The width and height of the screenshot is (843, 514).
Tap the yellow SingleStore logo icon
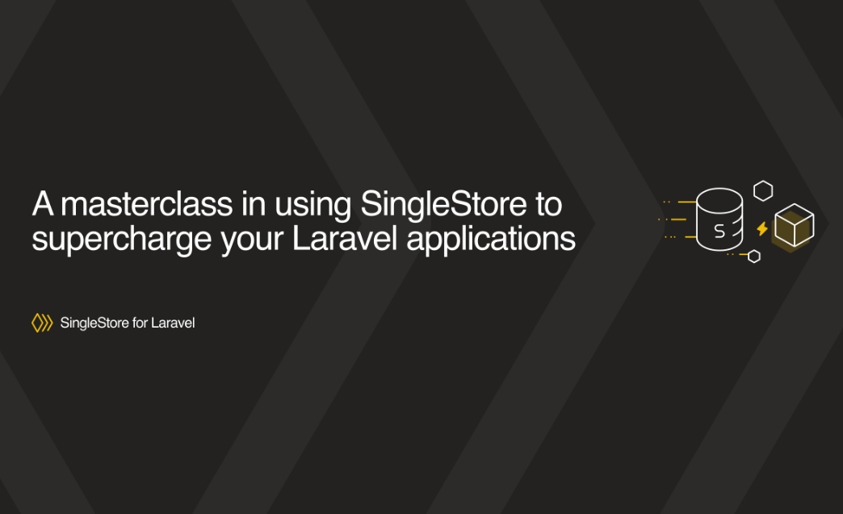[42, 324]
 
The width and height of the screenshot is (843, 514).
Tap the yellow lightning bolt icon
[761, 229]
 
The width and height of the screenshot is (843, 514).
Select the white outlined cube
[794, 226]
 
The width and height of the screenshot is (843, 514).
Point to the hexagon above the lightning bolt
[762, 190]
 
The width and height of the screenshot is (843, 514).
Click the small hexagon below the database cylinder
[753, 257]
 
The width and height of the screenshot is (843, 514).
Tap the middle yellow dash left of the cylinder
[677, 219]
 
